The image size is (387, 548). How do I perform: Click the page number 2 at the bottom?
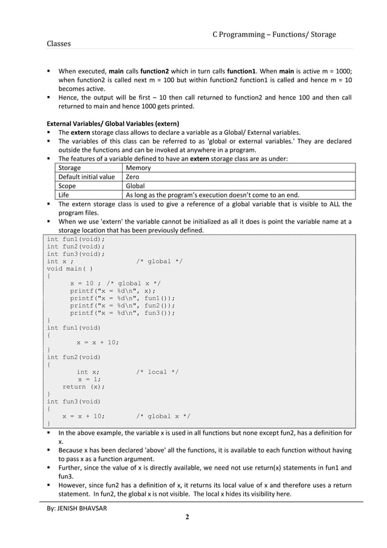point(187,517)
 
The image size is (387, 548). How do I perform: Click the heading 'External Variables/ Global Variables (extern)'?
point(113,123)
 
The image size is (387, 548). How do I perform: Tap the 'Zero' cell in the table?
point(132,177)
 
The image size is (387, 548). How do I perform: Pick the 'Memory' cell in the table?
point(138,168)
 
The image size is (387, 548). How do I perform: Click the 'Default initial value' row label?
point(86,177)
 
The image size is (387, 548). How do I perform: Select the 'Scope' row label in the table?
point(69,186)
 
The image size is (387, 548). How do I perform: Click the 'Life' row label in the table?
point(64,195)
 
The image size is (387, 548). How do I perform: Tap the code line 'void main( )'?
point(70,269)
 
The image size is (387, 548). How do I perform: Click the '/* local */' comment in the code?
point(156,372)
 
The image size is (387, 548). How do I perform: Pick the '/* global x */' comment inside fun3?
point(163,416)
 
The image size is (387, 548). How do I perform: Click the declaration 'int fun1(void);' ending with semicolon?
point(75,239)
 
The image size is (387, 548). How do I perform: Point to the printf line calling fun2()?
point(122,306)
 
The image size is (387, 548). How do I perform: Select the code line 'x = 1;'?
point(89,379)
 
